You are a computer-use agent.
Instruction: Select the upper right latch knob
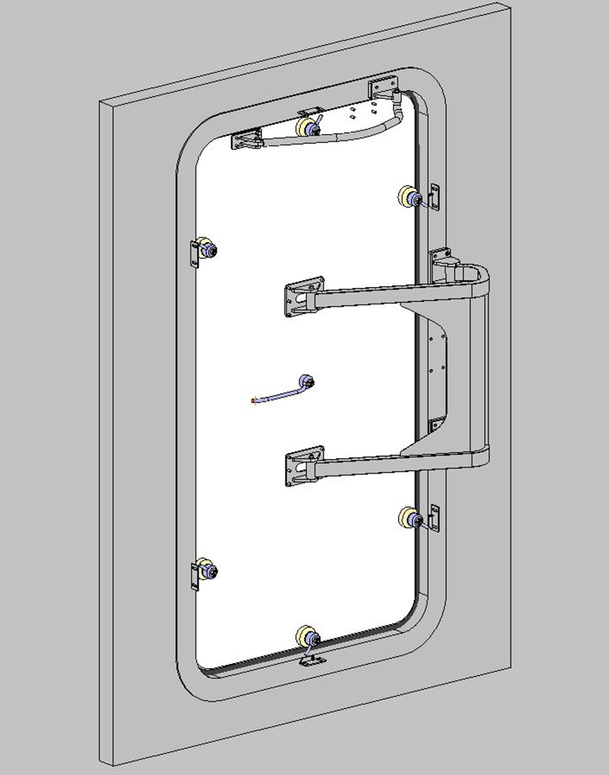[411, 197]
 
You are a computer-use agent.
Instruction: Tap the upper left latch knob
[206, 248]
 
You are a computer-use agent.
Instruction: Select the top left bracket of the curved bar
[245, 140]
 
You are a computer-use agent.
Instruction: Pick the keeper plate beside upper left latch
[193, 254]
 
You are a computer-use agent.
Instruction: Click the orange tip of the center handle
[253, 400]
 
